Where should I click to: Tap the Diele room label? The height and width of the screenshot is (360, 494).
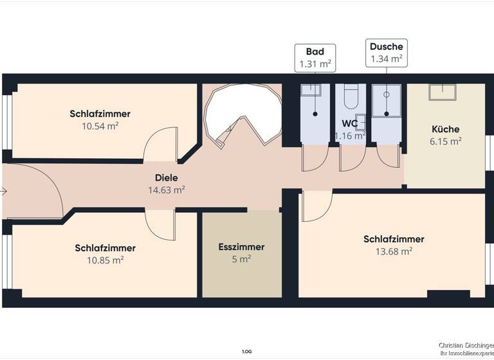(x=166, y=177)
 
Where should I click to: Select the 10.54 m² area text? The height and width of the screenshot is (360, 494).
(x=100, y=126)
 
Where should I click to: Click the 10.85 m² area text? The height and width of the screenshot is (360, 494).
(x=105, y=260)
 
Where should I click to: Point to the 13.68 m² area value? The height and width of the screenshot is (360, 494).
(x=394, y=252)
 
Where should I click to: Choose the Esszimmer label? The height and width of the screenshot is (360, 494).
(x=241, y=247)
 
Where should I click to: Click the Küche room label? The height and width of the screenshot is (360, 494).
(x=446, y=129)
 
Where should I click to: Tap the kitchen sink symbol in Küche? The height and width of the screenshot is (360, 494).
(x=442, y=92)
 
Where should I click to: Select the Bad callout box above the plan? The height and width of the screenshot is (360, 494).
(x=315, y=58)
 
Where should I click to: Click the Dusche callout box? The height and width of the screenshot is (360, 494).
(x=386, y=53)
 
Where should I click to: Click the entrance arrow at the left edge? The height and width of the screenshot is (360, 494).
(x=4, y=191)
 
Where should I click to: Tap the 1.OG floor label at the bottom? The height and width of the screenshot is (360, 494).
(x=246, y=352)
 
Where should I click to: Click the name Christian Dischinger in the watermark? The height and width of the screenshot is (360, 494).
(x=465, y=346)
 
